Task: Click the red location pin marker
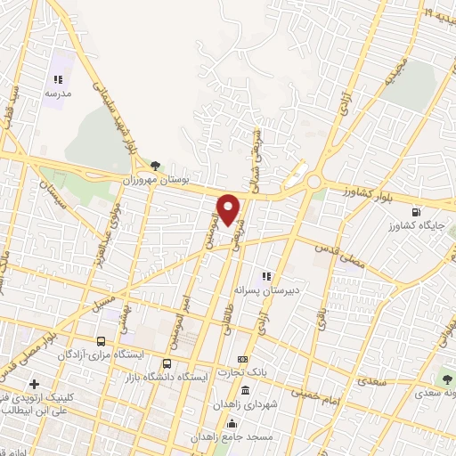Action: tap(230, 209)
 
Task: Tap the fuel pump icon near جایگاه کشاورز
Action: tap(416, 212)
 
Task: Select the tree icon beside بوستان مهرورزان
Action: tap(156, 166)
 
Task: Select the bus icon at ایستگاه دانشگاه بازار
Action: tap(167, 364)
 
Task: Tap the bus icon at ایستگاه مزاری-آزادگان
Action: tap(101, 341)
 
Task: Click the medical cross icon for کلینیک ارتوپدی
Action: tap(33, 384)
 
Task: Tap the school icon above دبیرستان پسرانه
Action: tap(265, 276)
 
